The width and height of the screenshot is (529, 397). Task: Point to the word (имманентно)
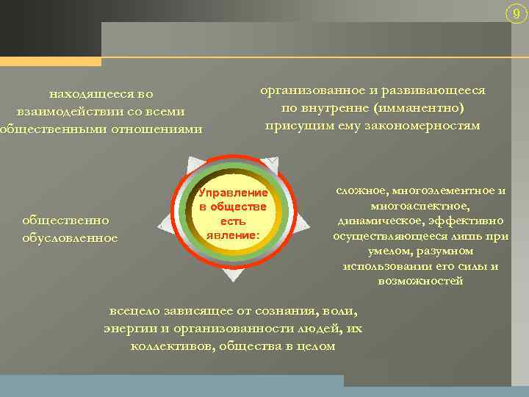pos(419,108)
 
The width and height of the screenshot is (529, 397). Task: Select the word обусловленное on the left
pos(71,237)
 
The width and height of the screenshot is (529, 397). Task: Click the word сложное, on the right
pos(365,191)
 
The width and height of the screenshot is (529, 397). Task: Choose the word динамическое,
pos(380,221)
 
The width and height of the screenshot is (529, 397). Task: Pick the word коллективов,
pos(172,346)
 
